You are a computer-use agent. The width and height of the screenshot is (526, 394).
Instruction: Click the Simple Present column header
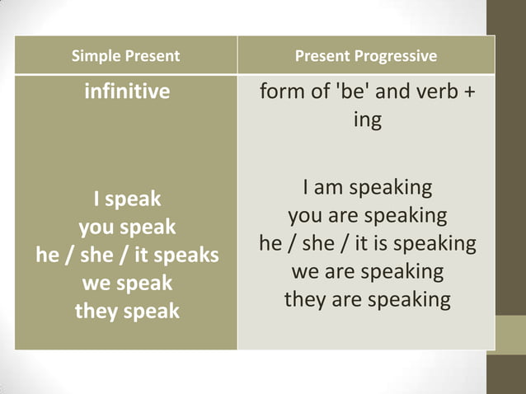click(x=125, y=57)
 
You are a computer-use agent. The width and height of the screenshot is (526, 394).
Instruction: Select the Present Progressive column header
click(x=366, y=57)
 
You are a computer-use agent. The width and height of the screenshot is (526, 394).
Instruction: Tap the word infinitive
click(x=127, y=91)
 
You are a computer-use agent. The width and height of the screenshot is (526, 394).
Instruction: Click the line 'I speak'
click(x=127, y=199)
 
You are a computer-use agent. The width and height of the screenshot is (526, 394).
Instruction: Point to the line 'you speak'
click(x=127, y=227)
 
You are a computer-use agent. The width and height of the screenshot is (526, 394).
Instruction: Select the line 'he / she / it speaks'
click(x=127, y=256)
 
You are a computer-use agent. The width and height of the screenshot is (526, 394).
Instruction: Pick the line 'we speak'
click(x=127, y=284)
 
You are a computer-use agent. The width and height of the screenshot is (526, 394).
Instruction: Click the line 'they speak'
click(x=127, y=312)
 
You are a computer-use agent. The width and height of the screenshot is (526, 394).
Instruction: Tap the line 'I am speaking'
click(x=367, y=188)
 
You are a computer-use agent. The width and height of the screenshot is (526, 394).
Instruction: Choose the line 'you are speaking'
click(x=367, y=216)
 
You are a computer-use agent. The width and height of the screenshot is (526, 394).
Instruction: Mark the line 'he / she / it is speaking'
click(x=367, y=244)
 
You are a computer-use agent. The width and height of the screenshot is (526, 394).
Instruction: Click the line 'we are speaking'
click(x=367, y=271)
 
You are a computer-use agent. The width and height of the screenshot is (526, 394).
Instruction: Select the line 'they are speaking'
click(x=367, y=299)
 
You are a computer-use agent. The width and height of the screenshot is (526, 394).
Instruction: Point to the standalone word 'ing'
click(x=367, y=120)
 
